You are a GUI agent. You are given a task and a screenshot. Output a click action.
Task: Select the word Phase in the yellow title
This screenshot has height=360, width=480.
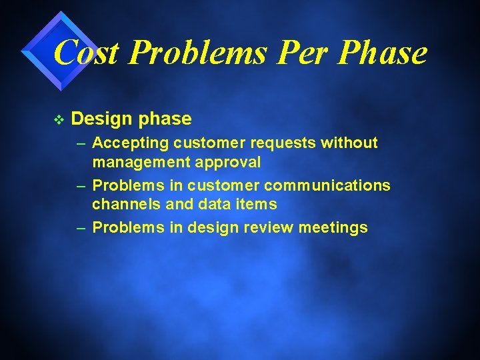(x=382, y=53)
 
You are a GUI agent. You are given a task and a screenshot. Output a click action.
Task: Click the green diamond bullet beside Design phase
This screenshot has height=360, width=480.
(x=58, y=119)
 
